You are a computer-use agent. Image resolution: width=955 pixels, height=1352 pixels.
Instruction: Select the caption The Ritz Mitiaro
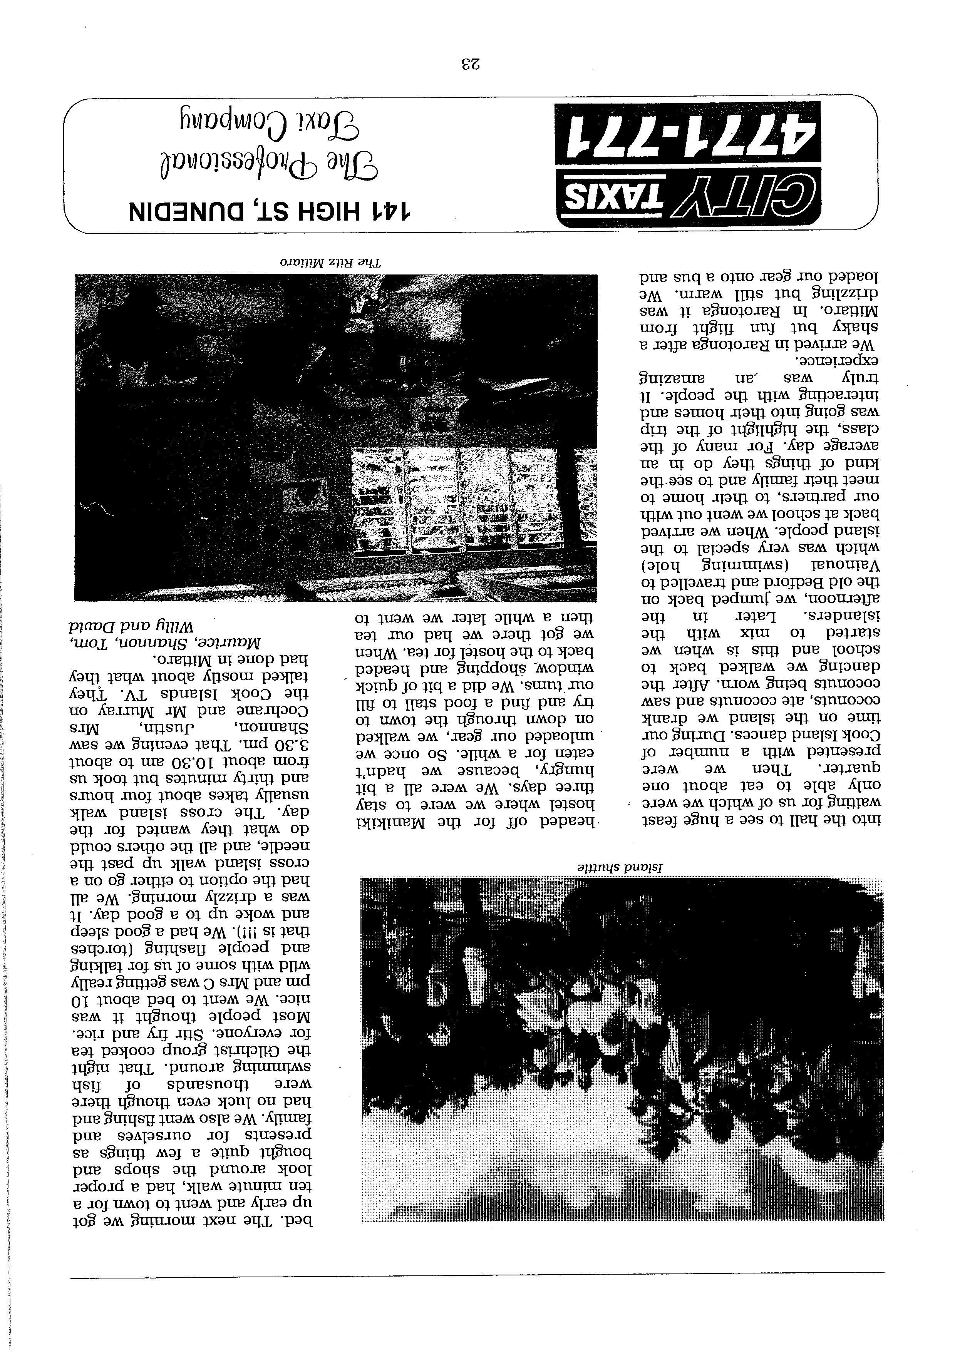[x=330, y=261]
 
